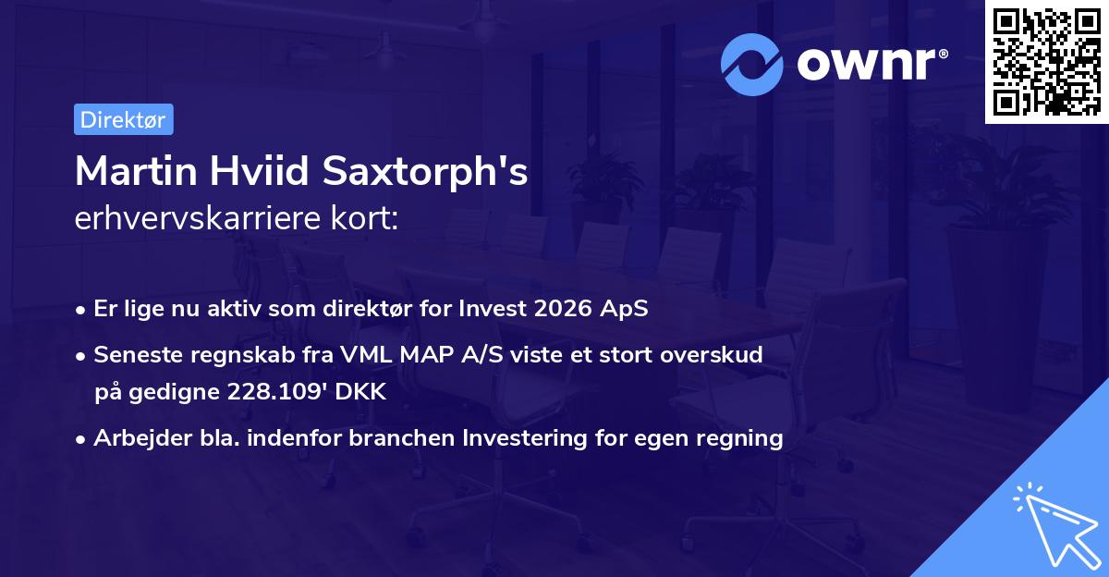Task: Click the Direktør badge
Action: tap(123, 119)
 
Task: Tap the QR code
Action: tap(1046, 62)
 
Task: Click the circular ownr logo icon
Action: tap(752, 64)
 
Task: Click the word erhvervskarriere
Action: tap(195, 219)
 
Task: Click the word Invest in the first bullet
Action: tap(494, 309)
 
